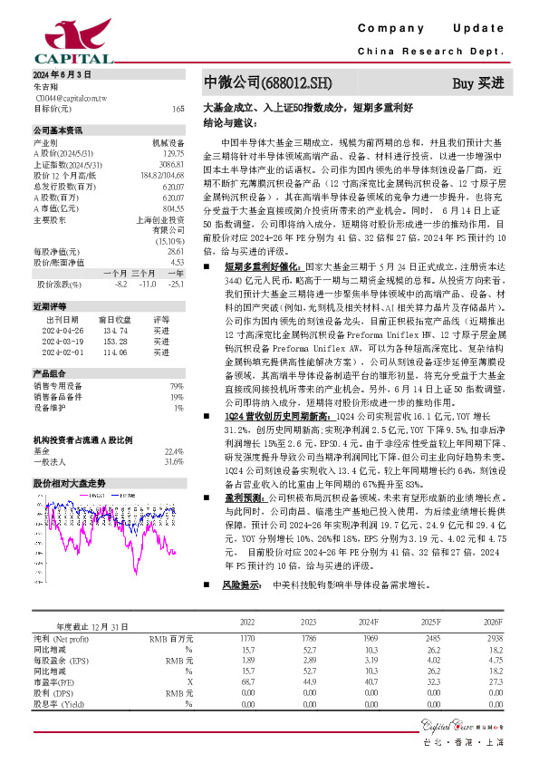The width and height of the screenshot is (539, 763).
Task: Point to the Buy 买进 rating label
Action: tap(477, 83)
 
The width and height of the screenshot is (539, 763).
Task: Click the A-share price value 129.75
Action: tap(172, 153)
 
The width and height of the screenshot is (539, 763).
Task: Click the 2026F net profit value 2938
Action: tap(493, 640)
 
